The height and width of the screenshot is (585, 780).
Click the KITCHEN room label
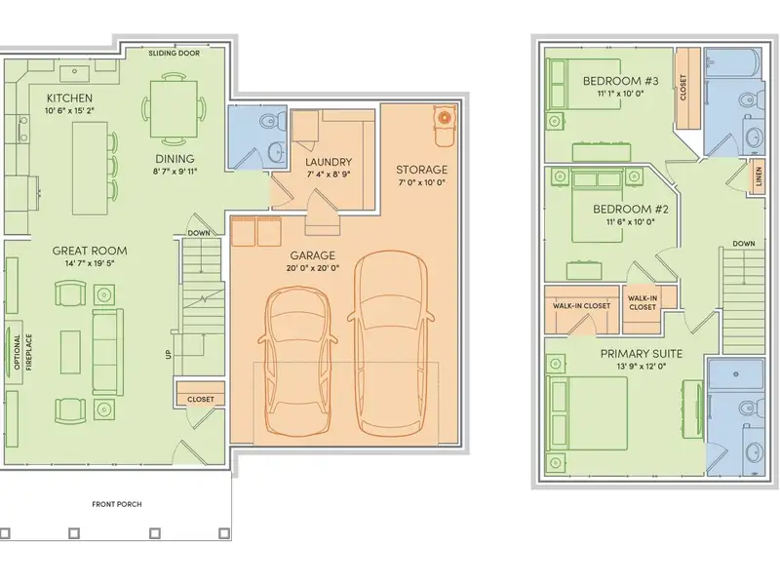pyautogui.click(x=69, y=98)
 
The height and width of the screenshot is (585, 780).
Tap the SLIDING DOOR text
pyautogui.click(x=175, y=54)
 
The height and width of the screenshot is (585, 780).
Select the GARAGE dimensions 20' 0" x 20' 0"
pyautogui.click(x=312, y=268)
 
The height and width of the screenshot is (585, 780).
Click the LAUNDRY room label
pyautogui.click(x=329, y=162)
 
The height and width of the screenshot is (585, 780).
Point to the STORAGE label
pyautogui.click(x=422, y=170)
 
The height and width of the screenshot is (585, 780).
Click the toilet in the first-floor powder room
pyautogui.click(x=272, y=120)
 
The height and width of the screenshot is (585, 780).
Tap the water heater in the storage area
pyautogui.click(x=444, y=118)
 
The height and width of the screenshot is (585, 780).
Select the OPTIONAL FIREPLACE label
pyautogui.click(x=21, y=352)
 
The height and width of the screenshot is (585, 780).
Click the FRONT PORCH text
pyautogui.click(x=117, y=504)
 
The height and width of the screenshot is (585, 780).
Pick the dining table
pyautogui.click(x=174, y=109)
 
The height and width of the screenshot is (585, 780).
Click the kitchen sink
pyautogui.click(x=75, y=72)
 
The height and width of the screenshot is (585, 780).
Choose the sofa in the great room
pyautogui.click(x=108, y=352)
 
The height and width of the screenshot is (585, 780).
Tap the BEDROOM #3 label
pyautogui.click(x=621, y=81)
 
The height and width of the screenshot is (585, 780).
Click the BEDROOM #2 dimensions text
pyautogui.click(x=630, y=222)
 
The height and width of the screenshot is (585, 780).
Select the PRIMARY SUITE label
pyautogui.click(x=642, y=354)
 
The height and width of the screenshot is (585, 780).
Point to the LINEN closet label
pyautogui.click(x=759, y=176)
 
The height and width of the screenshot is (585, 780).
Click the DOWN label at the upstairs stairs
pyautogui.click(x=744, y=244)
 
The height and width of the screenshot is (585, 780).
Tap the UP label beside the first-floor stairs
pyautogui.click(x=168, y=354)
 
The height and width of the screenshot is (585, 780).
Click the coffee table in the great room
pyautogui.click(x=70, y=352)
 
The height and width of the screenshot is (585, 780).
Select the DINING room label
pyautogui.click(x=175, y=159)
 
